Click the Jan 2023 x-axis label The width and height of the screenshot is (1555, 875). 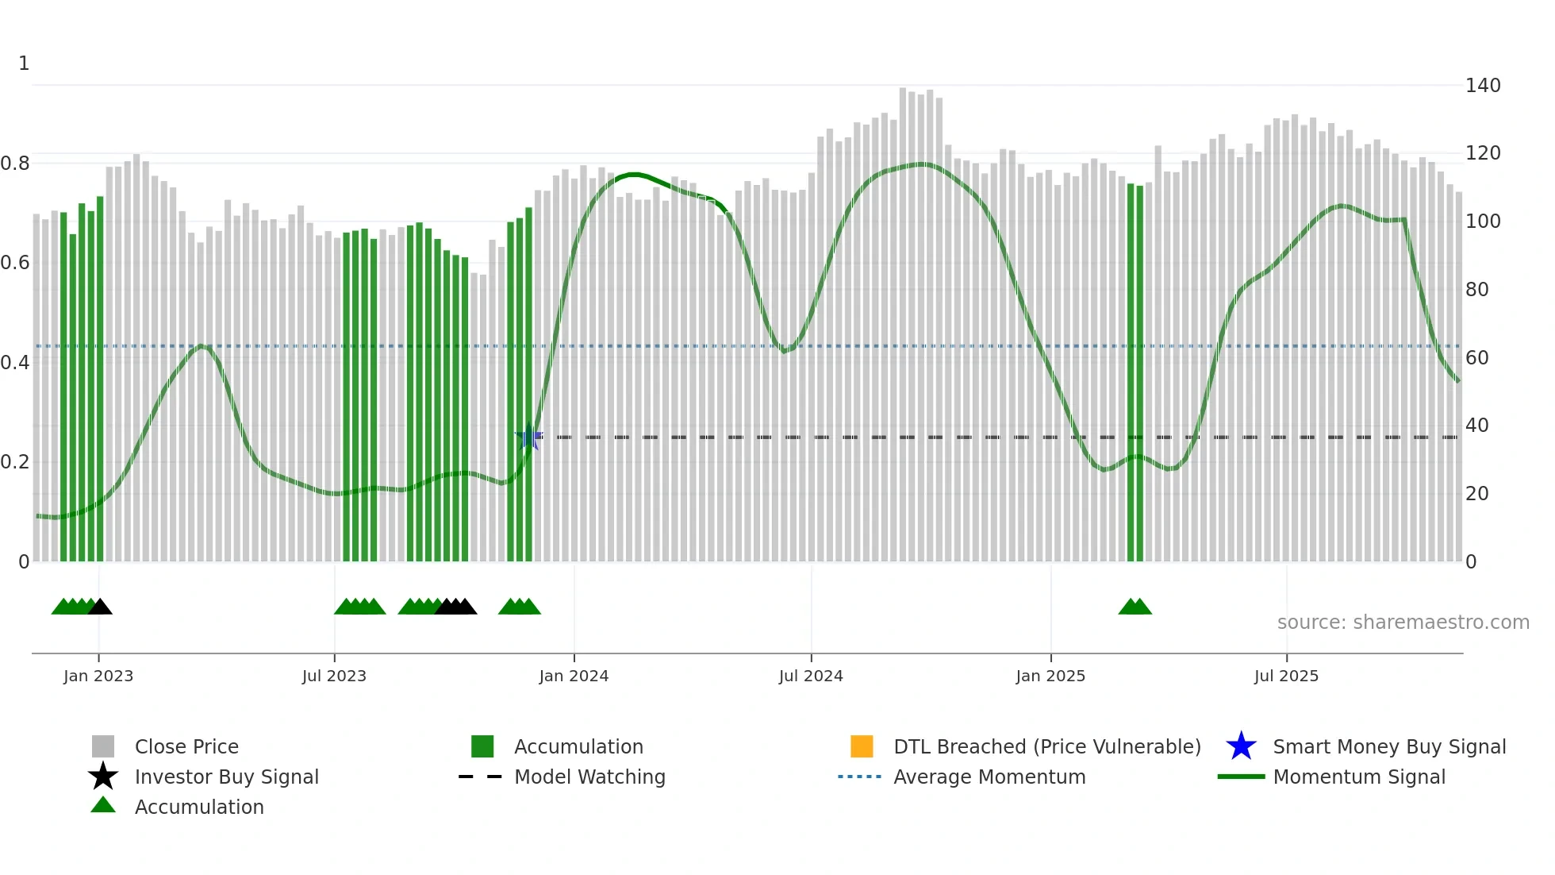pos(98,676)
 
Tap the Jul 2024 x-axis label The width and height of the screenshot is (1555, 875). pos(811,676)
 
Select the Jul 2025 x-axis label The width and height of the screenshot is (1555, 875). pos(1286,676)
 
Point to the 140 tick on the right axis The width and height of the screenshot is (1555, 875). pos(1483,86)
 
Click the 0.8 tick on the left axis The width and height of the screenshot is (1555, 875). pos(15,164)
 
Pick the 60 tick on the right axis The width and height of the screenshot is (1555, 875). pos(1477,358)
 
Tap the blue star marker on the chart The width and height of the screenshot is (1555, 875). pos(528,437)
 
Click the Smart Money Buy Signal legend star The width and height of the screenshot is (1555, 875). pos(1241,746)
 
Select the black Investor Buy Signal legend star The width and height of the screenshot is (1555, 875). pos(103,777)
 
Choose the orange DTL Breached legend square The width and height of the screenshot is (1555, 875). pos(862,746)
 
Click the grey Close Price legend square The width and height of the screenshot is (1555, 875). pos(103,746)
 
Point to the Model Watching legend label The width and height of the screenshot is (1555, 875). pos(589,777)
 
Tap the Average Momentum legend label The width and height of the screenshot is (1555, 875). pos(989,777)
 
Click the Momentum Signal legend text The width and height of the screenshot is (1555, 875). pos(1359,777)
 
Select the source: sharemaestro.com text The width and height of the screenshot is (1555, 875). pos(1403,623)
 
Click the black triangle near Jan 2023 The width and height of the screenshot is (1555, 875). pos(100,607)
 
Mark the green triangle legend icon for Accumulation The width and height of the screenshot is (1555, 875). pos(103,805)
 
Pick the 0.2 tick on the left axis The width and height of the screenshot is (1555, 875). pos(15,462)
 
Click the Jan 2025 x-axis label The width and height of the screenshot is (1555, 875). pos(1050,676)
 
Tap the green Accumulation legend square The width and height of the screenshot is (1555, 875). pos(482,746)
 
